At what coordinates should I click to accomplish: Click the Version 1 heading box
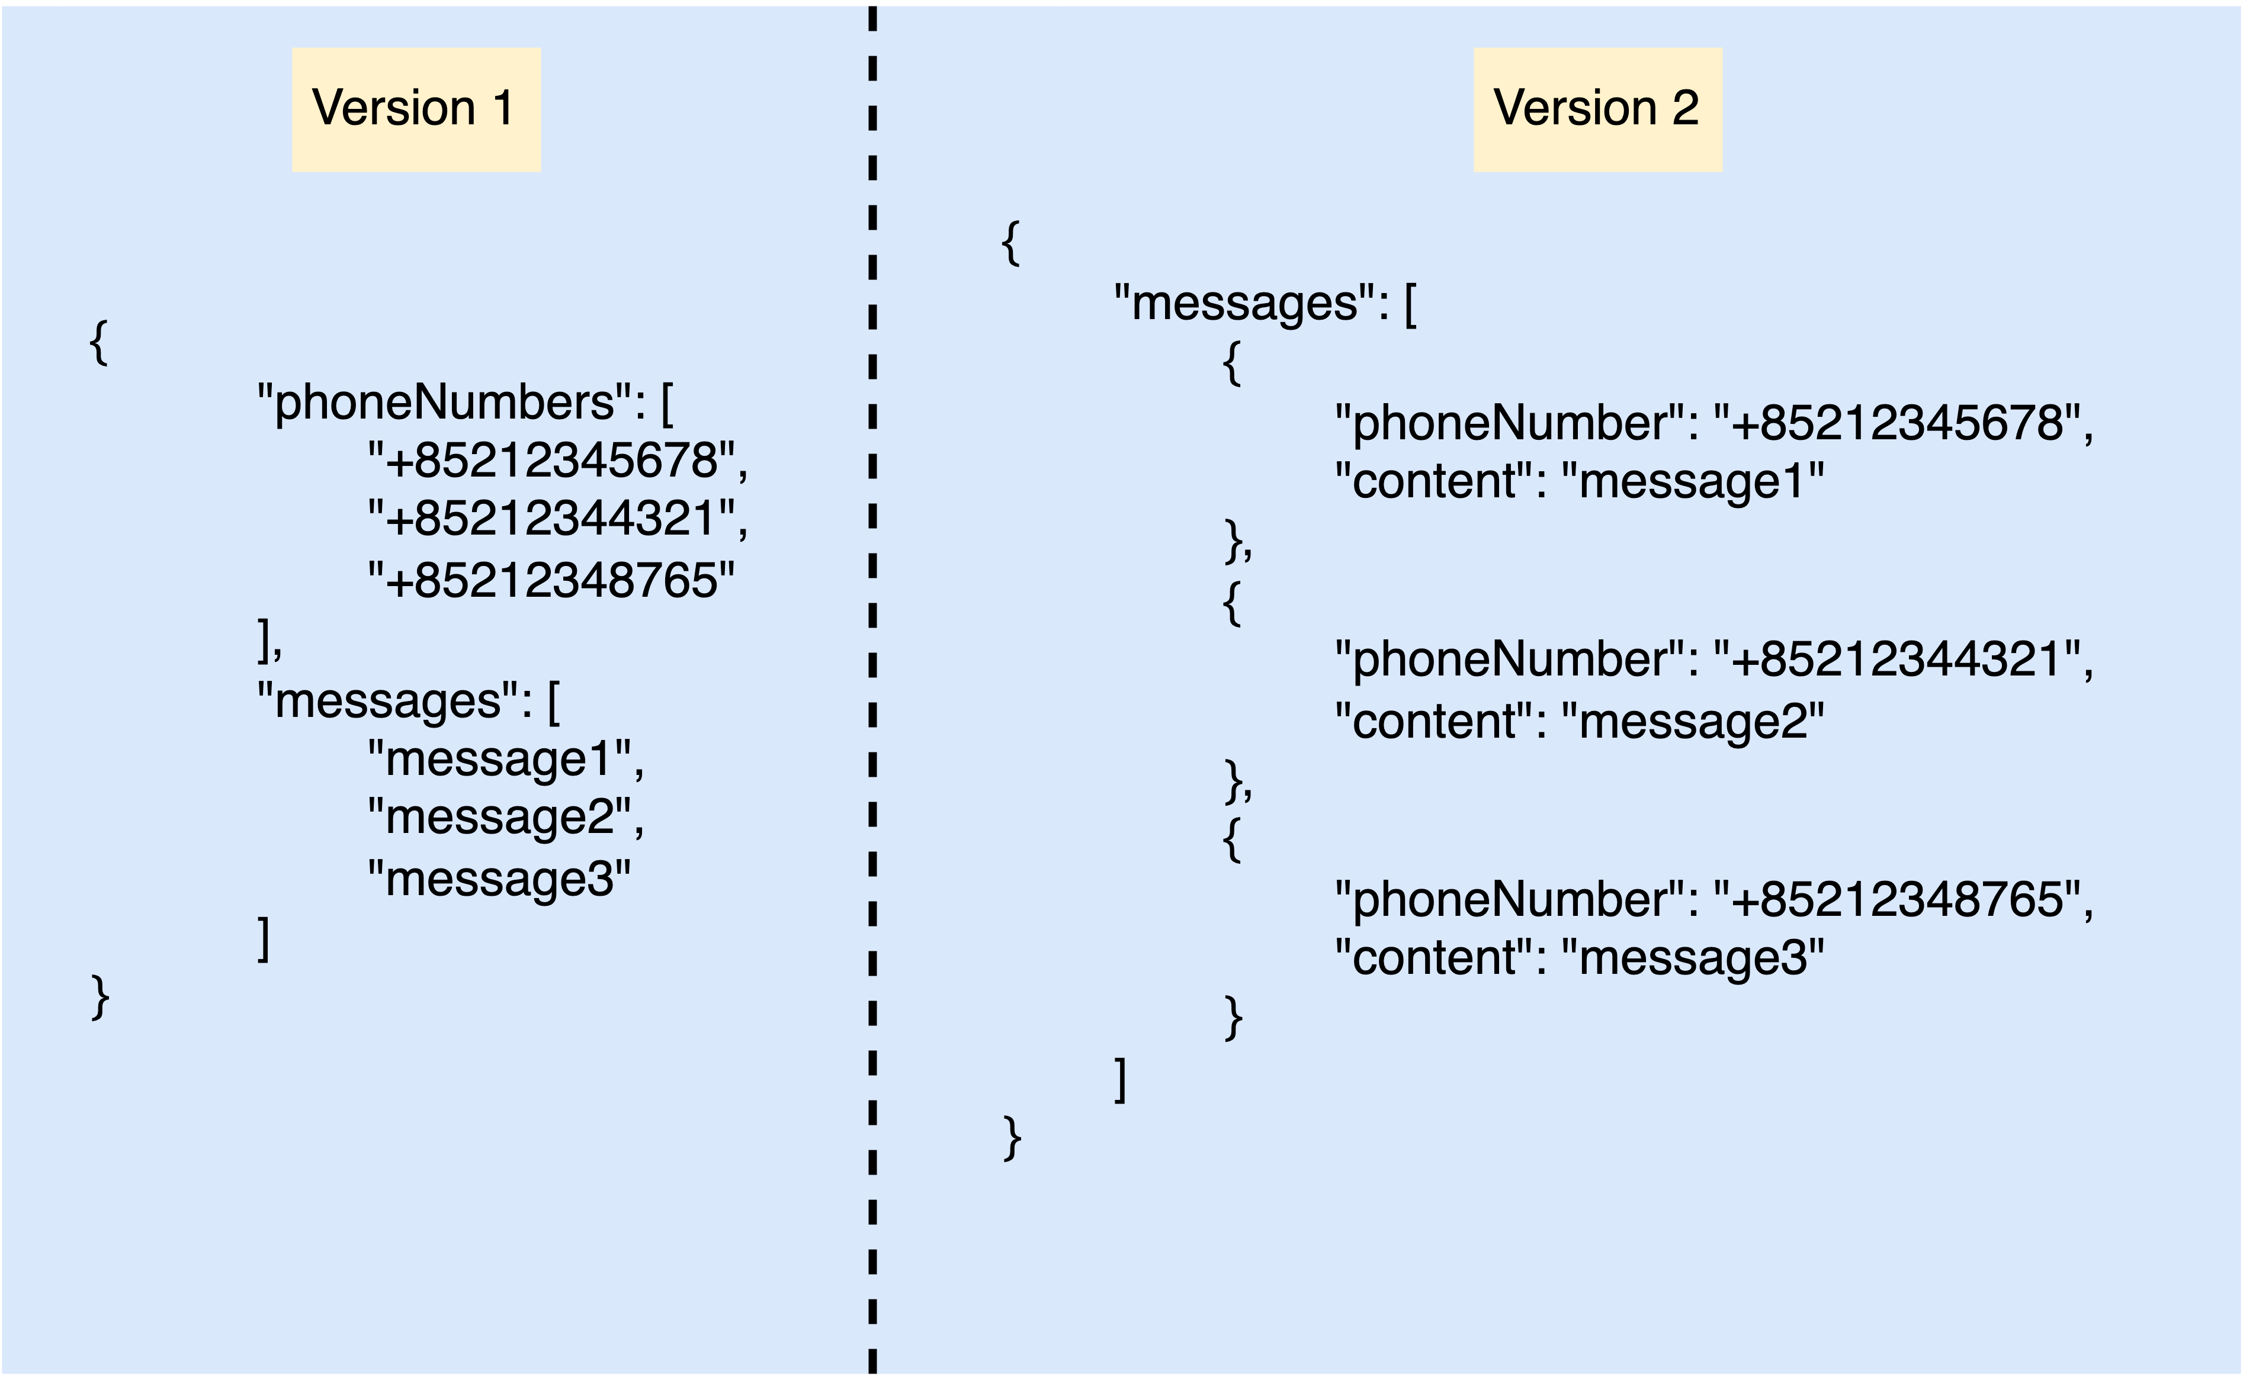(x=416, y=110)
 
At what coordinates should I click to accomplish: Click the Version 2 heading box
(x=1597, y=110)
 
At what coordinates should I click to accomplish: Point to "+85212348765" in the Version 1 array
(x=551, y=580)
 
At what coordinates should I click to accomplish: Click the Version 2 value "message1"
(x=1693, y=481)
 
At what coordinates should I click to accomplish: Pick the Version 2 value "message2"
(x=1693, y=721)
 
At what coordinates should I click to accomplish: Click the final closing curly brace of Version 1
(x=101, y=997)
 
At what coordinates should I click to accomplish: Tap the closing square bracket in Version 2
(x=1120, y=1080)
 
